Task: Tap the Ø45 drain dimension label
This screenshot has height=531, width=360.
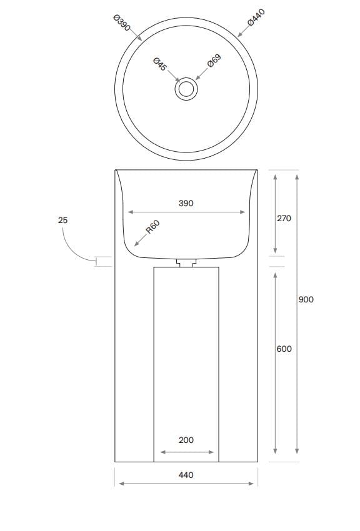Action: click(159, 64)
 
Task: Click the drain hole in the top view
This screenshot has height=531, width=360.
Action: click(186, 89)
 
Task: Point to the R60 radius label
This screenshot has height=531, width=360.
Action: click(153, 227)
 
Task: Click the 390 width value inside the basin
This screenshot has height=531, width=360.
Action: click(186, 203)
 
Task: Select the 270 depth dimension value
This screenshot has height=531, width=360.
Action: click(284, 219)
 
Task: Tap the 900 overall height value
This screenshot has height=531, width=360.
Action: click(306, 299)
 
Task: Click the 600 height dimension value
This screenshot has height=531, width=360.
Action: click(284, 349)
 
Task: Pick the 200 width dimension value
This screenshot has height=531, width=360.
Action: click(186, 440)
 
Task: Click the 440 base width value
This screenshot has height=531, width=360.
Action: click(186, 475)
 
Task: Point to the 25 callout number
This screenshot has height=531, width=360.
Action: click(62, 220)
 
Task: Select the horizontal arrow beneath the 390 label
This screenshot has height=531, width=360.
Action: click(186, 212)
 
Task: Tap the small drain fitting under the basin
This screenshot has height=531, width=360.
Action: click(186, 263)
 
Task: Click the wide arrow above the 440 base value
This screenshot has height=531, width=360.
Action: click(186, 484)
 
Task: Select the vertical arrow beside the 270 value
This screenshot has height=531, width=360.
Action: click(276, 212)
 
